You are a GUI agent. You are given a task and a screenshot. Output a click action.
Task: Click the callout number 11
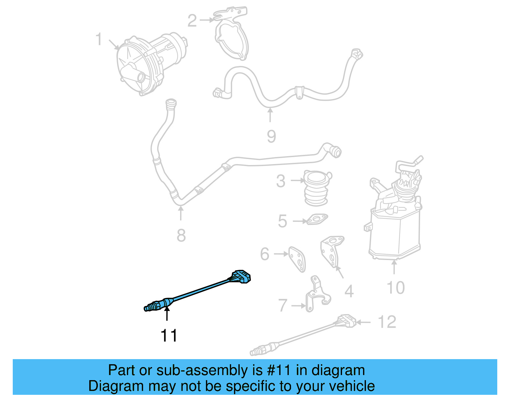tap(169, 336)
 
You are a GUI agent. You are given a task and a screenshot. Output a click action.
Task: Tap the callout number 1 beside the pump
tap(99, 39)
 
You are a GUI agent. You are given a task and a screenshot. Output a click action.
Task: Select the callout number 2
tap(192, 21)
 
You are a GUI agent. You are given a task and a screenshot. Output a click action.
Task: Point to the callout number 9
tap(271, 136)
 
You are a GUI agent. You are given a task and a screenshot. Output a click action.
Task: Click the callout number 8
tap(181, 235)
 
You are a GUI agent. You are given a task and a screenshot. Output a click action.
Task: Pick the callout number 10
tap(396, 287)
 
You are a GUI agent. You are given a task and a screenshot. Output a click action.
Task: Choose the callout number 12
tap(387, 322)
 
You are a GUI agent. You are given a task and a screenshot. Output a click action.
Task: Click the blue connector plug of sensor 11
tap(241, 277)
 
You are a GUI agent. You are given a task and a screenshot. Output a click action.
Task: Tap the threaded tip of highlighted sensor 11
tap(149, 308)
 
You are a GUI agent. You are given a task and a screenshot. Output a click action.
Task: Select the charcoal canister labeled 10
tap(395, 229)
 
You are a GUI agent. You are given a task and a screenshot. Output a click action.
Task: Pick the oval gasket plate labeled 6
tap(297, 259)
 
